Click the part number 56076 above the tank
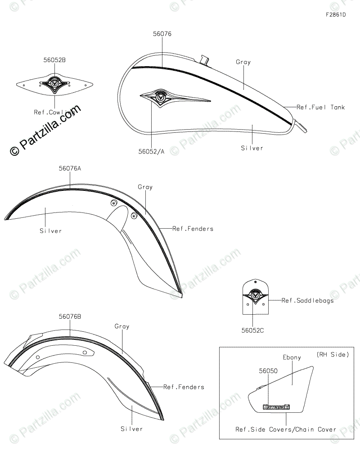(x=162, y=34)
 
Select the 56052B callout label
(x=55, y=59)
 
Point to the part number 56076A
(x=70, y=168)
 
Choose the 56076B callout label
(x=70, y=316)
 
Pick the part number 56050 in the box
(x=268, y=371)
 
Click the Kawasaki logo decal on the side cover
(x=276, y=407)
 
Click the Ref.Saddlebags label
(x=308, y=301)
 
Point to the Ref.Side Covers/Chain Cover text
(x=286, y=429)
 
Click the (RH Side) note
(x=333, y=355)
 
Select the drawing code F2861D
(x=336, y=15)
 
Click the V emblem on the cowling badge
(x=54, y=84)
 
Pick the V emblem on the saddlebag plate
(x=255, y=296)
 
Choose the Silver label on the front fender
(x=50, y=230)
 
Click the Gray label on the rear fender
(x=122, y=326)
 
